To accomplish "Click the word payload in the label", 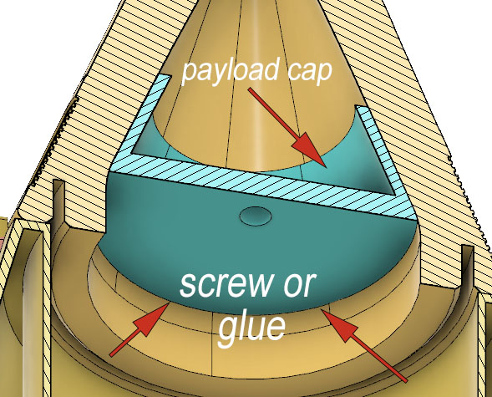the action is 231,71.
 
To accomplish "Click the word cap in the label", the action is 309,73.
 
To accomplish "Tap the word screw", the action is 226,284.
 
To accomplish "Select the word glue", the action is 251,328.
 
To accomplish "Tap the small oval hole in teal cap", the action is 256,216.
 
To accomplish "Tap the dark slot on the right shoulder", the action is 468,267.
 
